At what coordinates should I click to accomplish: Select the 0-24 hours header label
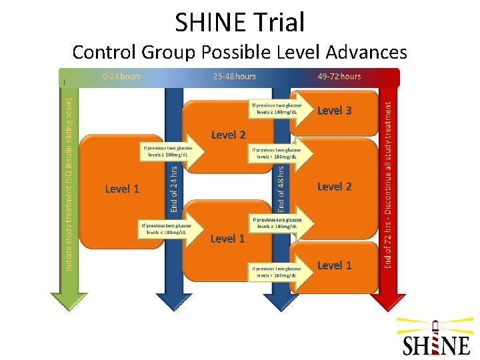pos(121,76)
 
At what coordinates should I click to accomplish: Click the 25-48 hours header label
pos(235,76)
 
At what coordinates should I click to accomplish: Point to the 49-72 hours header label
pos(339,76)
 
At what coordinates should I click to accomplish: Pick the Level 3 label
pos(334,110)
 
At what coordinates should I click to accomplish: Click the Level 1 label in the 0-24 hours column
pos(123,189)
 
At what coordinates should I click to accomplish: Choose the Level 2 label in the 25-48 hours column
pos(228,135)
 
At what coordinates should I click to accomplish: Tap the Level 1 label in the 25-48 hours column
pos(228,238)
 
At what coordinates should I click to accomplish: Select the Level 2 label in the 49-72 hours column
pos(334,187)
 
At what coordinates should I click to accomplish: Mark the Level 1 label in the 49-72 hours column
pos(334,265)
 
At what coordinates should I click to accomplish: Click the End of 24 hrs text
pos(174,190)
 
